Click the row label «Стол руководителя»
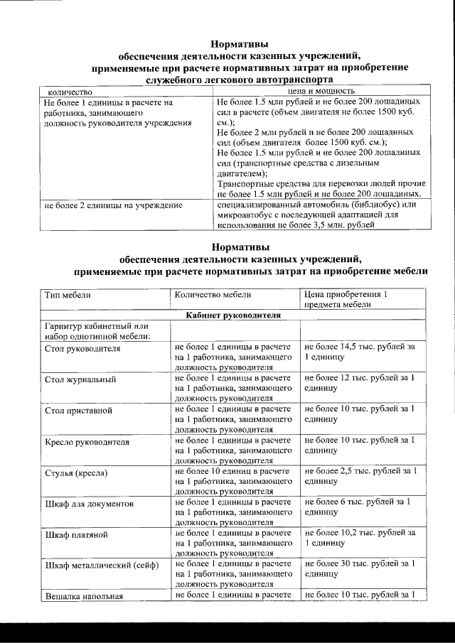tap(82, 350)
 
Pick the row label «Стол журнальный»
tap(80, 380)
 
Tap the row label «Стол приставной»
tap(79, 411)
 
